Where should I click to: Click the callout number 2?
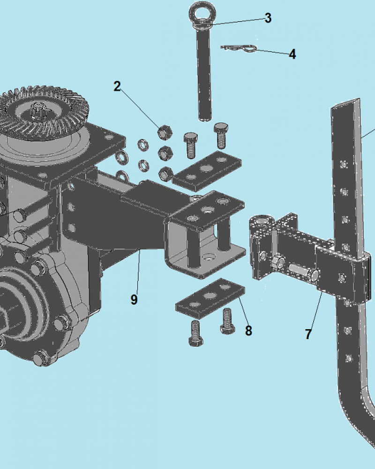117,86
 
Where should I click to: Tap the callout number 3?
268,18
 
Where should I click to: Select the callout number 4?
292,54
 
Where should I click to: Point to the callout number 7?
308,334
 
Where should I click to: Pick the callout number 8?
248,331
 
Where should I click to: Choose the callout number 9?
134,299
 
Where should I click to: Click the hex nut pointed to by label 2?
165,132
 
